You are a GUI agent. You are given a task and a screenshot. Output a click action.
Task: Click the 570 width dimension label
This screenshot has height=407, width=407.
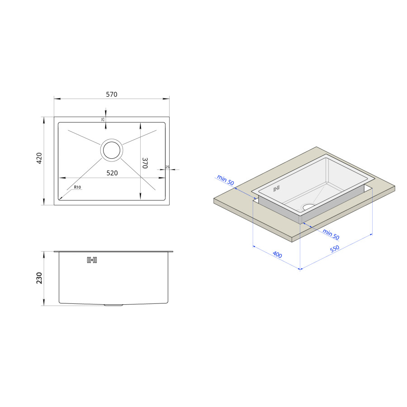[112, 95]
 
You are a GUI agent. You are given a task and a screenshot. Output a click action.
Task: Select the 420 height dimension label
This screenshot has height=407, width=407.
[39, 158]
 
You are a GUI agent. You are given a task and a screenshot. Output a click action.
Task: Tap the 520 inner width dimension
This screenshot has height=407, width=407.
[112, 173]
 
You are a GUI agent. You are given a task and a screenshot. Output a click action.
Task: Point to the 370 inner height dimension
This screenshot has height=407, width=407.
[145, 163]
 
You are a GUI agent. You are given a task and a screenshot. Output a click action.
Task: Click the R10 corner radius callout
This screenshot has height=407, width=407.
[77, 187]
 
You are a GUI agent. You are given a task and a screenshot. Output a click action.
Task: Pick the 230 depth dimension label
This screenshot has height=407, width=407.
[39, 278]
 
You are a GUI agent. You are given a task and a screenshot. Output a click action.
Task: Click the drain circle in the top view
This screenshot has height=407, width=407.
[112, 150]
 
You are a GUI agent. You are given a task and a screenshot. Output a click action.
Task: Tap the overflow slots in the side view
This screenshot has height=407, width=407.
[92, 260]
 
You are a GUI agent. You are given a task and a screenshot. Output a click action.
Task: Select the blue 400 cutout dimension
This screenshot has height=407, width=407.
[277, 255]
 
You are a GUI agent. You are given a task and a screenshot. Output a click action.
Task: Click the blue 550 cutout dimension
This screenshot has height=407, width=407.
[335, 249]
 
